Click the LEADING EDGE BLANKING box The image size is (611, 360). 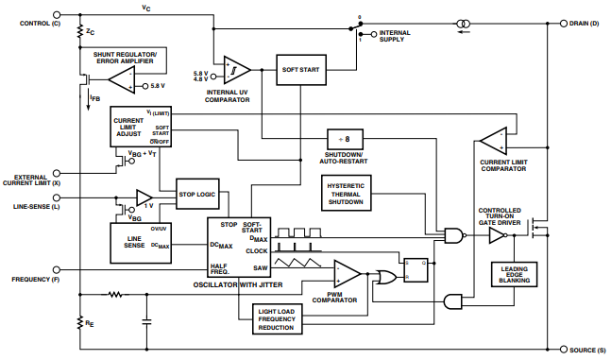tap(515, 275)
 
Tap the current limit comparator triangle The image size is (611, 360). tap(495, 142)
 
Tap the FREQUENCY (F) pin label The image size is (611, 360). tap(35, 280)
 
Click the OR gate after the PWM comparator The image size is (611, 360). tap(384, 276)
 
